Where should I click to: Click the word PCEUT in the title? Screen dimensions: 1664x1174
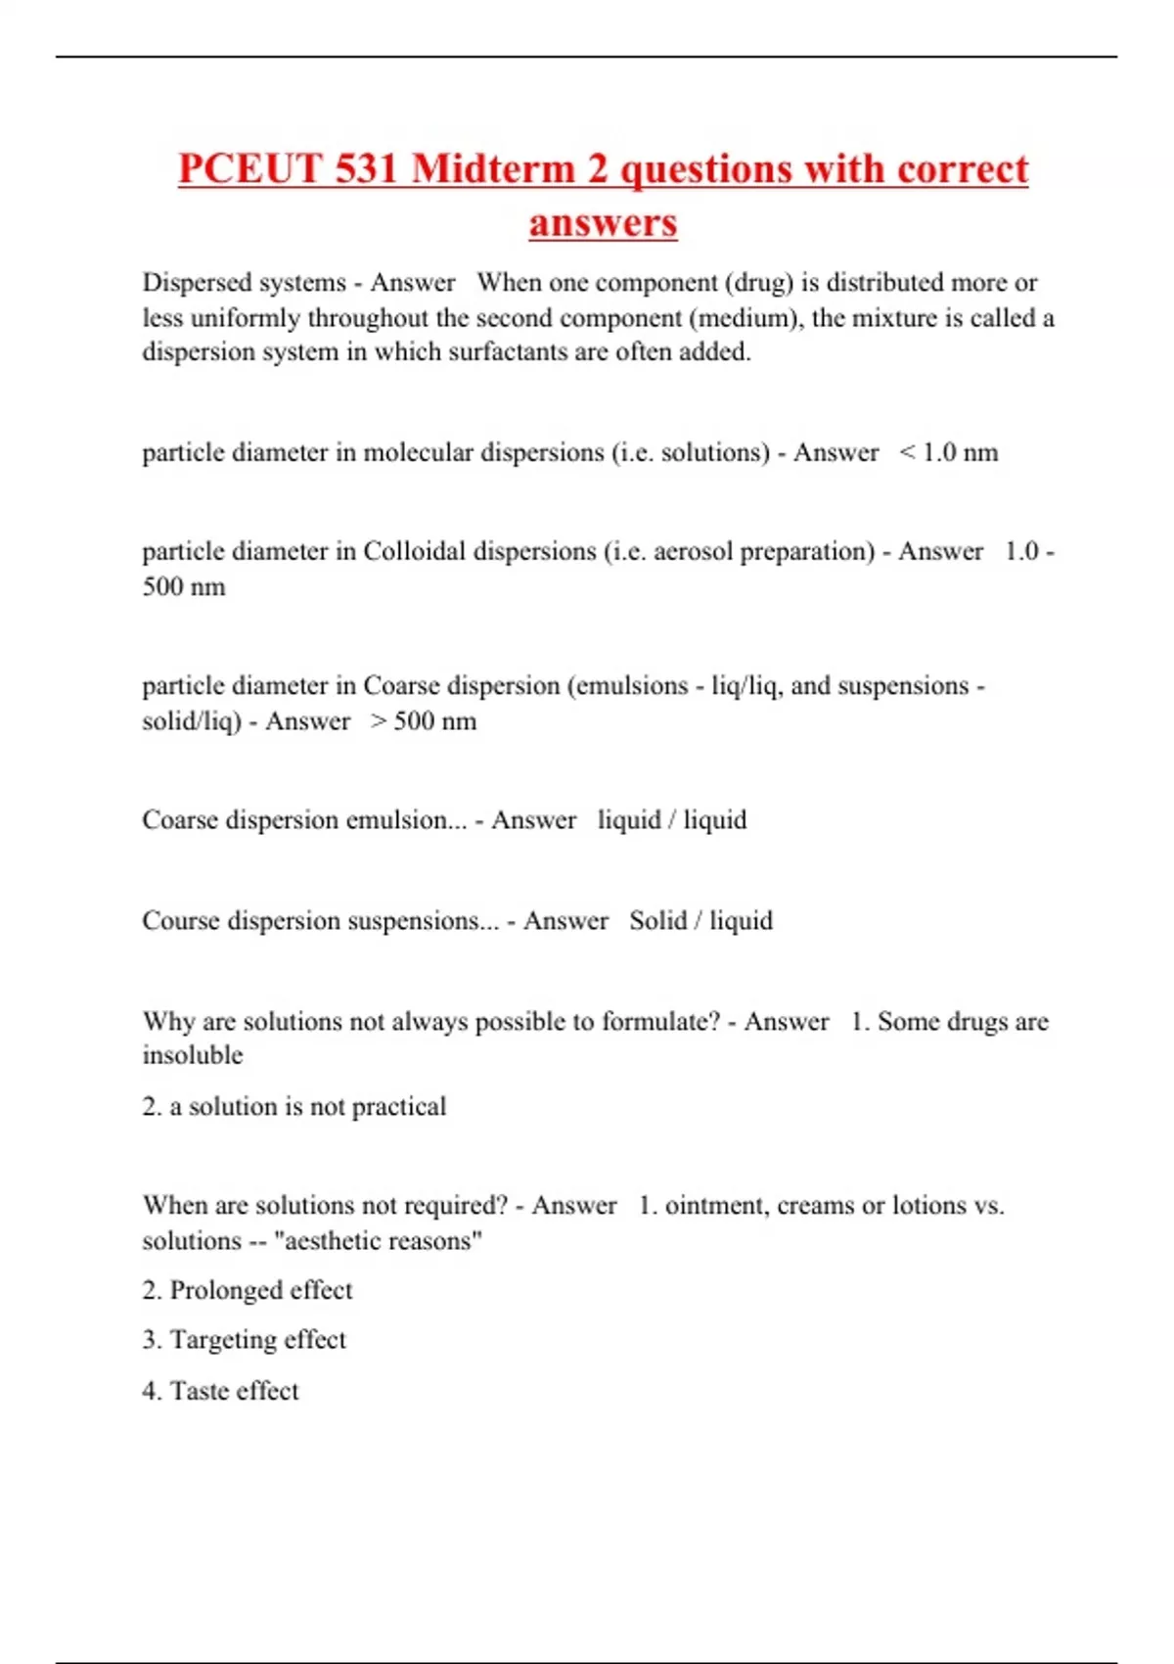[249, 169]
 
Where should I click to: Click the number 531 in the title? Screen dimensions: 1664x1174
[366, 169]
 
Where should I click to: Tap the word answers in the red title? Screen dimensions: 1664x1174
[603, 223]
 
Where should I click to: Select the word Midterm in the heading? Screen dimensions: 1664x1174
[494, 169]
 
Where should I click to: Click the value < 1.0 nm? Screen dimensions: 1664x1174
[948, 452]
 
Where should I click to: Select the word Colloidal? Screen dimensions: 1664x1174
[414, 551]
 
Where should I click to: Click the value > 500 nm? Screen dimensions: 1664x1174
[424, 721]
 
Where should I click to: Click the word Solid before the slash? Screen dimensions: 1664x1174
[657, 921]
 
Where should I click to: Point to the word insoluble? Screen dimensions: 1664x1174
[193, 1055]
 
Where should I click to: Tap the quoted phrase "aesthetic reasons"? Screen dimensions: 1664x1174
[379, 1241]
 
